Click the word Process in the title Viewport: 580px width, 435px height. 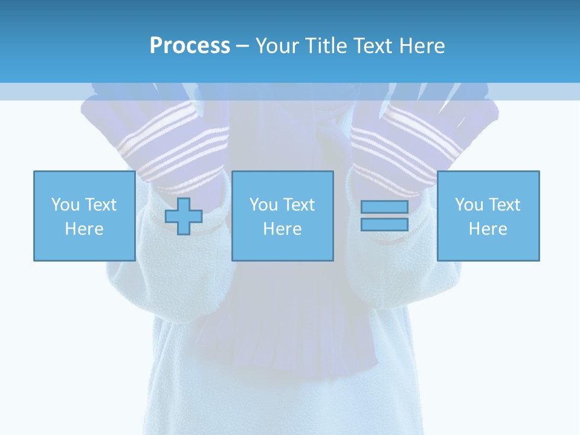[190, 46]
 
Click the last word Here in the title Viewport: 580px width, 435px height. [421, 46]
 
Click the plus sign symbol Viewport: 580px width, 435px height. [184, 216]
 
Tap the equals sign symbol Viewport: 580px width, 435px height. [384, 216]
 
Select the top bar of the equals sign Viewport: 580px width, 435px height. [384, 207]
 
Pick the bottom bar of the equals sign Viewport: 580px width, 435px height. [384, 224]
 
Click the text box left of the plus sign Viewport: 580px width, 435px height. [84, 216]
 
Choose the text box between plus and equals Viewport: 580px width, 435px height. [282, 216]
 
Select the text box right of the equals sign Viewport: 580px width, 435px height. [488, 216]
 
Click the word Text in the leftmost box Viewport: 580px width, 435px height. [100, 205]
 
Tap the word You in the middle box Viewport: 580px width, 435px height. [263, 205]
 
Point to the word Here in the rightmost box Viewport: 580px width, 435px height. [488, 229]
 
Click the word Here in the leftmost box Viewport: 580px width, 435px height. [84, 229]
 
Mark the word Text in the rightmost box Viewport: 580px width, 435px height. [504, 205]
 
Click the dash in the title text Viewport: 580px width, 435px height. [242, 46]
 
